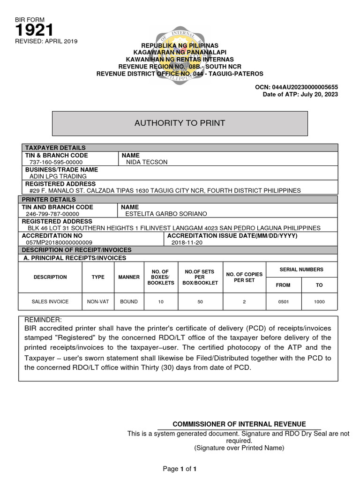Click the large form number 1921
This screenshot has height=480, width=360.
pyautogui.click(x=34, y=30)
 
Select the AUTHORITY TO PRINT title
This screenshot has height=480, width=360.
pyautogui.click(x=180, y=123)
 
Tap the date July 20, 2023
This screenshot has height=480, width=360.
pyautogui.click(x=322, y=95)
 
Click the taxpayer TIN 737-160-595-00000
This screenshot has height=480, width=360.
pyautogui.click(x=55, y=162)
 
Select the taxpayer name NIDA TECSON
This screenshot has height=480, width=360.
pyautogui.click(x=147, y=162)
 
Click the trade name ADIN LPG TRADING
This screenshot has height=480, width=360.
pyautogui.click(x=58, y=176)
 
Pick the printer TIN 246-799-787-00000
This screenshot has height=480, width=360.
pyautogui.click(x=52, y=214)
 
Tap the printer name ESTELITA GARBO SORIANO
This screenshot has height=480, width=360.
pyautogui.click(x=166, y=214)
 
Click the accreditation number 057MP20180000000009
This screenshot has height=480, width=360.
pyautogui.click(x=60, y=242)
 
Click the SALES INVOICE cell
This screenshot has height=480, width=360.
pyautogui.click(x=50, y=301)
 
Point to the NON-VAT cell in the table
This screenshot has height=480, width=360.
pyautogui.click(x=98, y=301)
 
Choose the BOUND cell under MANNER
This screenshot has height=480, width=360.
pyautogui.click(x=129, y=301)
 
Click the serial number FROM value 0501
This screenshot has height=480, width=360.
pyautogui.click(x=283, y=301)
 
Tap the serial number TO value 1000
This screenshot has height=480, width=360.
pyautogui.click(x=319, y=301)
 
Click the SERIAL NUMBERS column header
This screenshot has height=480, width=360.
pyautogui.click(x=301, y=270)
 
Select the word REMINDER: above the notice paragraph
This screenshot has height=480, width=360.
pyautogui.click(x=43, y=320)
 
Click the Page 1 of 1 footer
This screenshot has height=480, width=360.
pyautogui.click(x=180, y=469)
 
